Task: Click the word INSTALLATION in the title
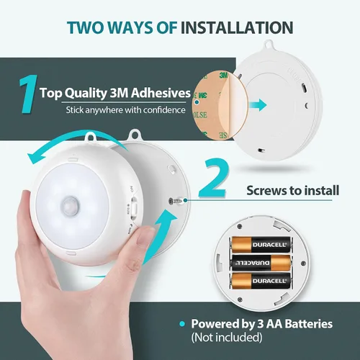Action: click(237, 27)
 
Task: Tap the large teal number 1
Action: click(28, 94)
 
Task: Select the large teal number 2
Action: click(213, 178)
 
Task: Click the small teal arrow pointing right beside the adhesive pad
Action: click(258, 105)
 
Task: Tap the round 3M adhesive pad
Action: click(220, 106)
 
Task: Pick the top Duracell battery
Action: click(261, 245)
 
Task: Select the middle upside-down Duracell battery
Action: click(261, 263)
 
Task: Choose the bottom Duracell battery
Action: click(261, 281)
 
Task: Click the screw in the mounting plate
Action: click(176, 201)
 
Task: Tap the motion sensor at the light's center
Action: click(70, 206)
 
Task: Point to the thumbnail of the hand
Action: click(145, 236)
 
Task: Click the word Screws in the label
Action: click(266, 191)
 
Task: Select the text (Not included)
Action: click(227, 337)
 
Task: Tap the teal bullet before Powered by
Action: click(182, 324)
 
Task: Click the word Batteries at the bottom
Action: click(309, 323)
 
